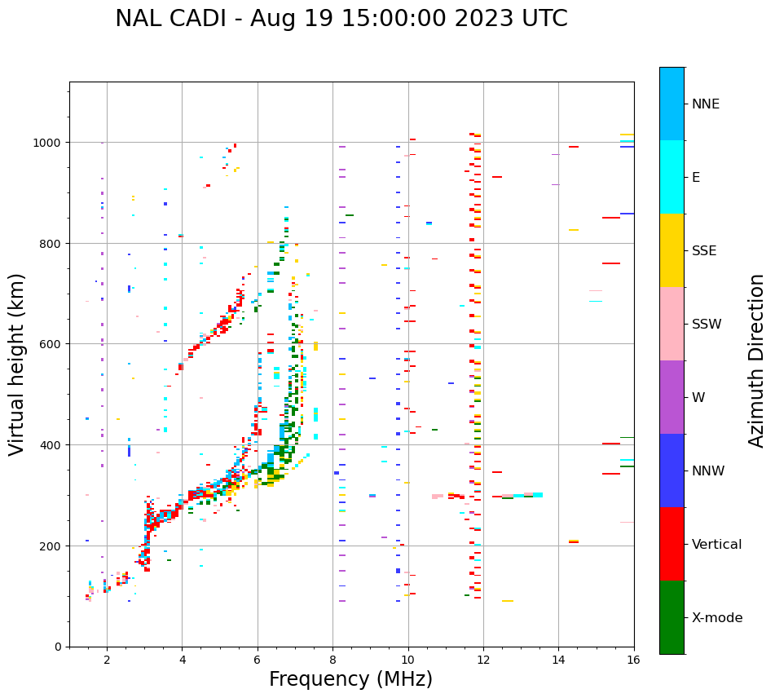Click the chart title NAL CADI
341,19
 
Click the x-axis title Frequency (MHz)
350,679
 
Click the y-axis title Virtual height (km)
17,364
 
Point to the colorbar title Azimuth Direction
757,360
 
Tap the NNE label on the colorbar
706,104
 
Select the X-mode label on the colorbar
717,617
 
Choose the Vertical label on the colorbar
717,544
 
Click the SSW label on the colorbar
707,324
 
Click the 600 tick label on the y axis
52,343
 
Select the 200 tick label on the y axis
52,546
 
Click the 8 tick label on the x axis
332,660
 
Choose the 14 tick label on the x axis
558,660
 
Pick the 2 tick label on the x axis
107,660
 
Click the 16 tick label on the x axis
633,660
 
